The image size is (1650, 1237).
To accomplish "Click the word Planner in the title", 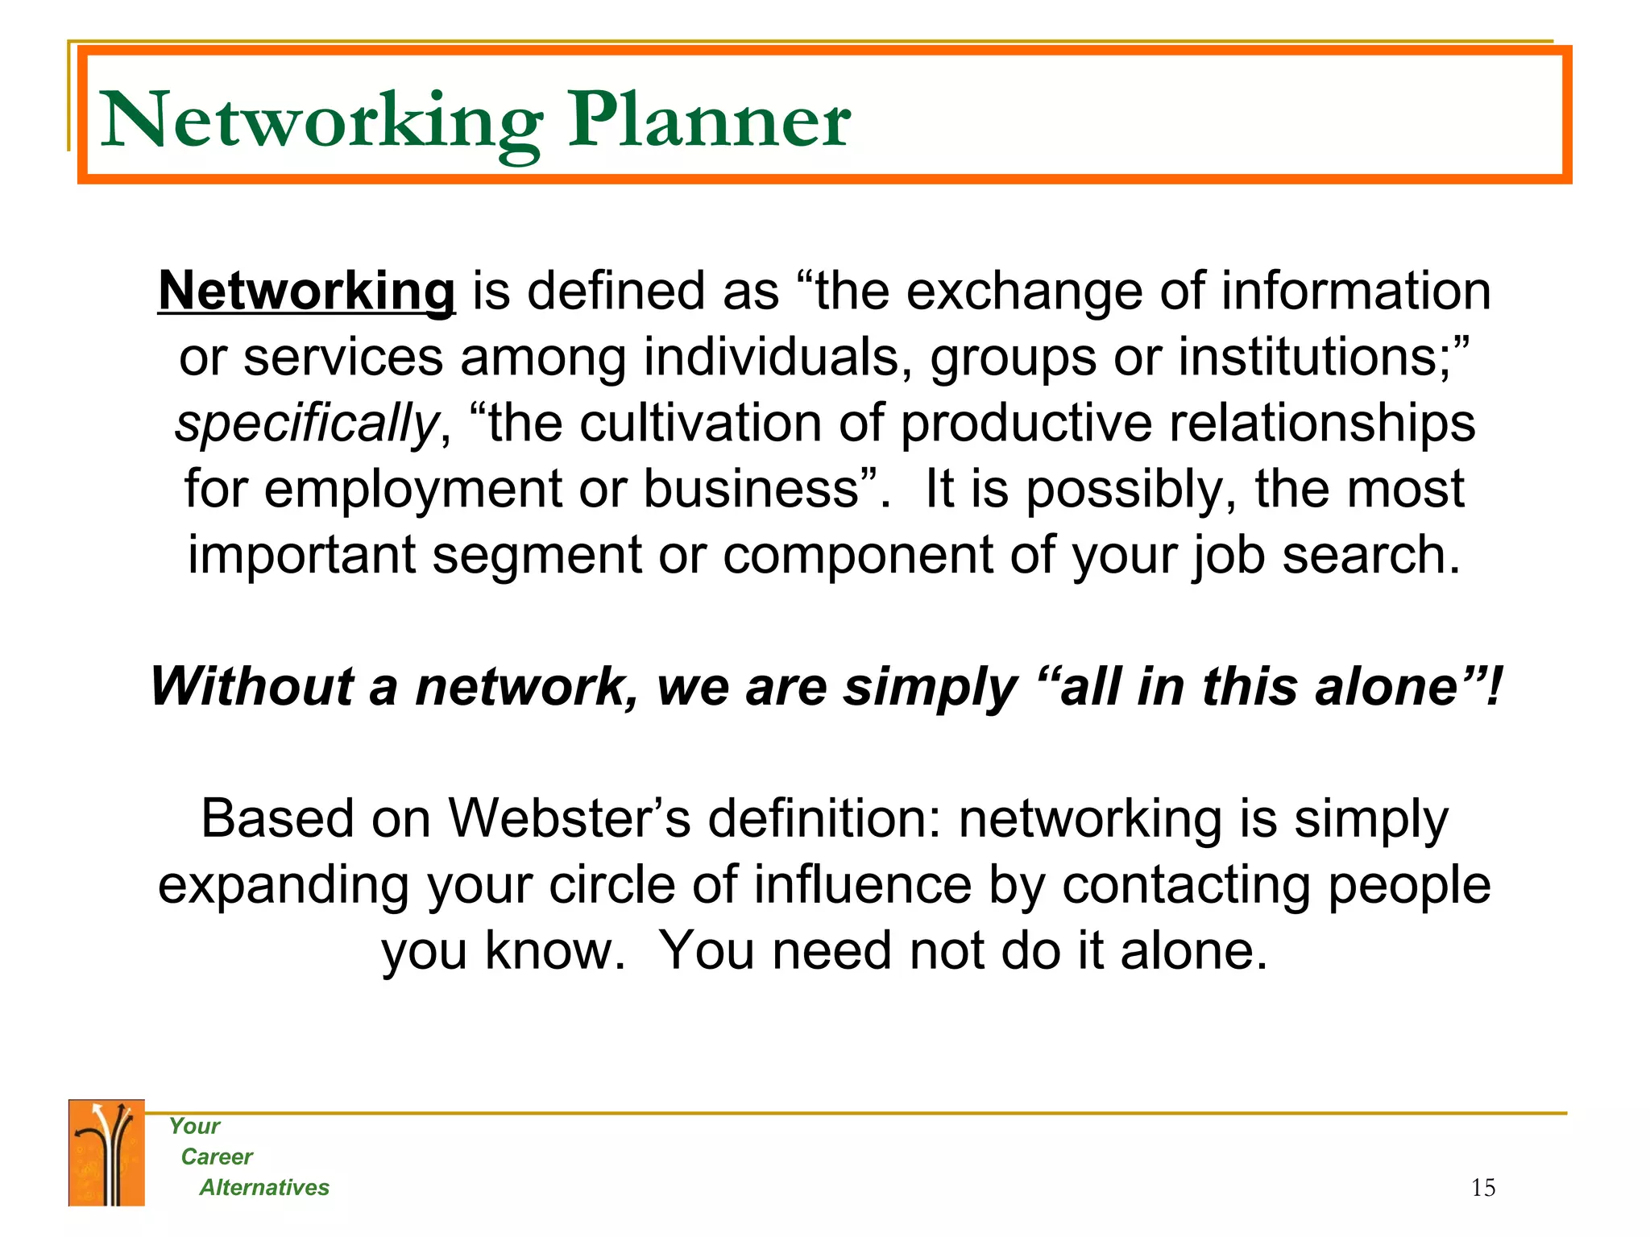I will pyautogui.click(x=709, y=121).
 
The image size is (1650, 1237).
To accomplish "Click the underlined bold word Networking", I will pyautogui.click(x=307, y=292).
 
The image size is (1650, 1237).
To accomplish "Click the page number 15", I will pyautogui.click(x=1482, y=1188).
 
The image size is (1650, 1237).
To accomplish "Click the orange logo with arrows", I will pyautogui.click(x=106, y=1153).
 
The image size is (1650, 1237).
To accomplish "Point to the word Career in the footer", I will pyautogui.click(x=217, y=1157).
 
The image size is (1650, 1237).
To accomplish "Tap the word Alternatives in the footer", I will pyautogui.click(x=264, y=1188).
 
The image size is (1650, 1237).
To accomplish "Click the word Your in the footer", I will pyautogui.click(x=194, y=1127).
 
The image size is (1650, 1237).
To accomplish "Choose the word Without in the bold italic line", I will pyautogui.click(x=251, y=687).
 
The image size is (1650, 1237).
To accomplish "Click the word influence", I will pyautogui.click(x=863, y=885).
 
